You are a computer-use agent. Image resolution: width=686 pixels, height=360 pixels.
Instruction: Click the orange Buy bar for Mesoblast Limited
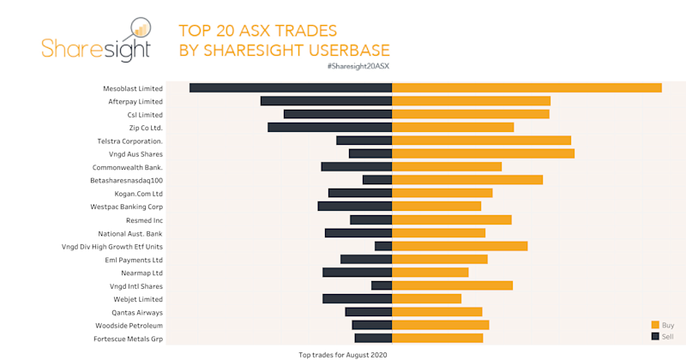click(x=527, y=87)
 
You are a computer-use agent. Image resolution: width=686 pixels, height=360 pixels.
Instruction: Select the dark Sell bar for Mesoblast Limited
click(x=291, y=87)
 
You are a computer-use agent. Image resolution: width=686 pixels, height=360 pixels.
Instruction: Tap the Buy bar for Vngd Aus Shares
click(x=483, y=153)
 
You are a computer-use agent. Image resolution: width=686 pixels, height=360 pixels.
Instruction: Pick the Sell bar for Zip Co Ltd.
click(x=329, y=127)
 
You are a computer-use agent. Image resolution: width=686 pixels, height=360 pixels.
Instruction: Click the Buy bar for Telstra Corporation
click(x=481, y=141)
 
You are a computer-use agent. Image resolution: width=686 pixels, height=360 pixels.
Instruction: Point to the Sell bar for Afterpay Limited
click(x=326, y=101)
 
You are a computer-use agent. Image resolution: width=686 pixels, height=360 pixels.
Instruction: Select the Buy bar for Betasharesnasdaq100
click(x=467, y=180)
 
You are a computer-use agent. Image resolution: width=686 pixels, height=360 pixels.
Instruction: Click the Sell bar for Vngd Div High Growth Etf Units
click(x=383, y=246)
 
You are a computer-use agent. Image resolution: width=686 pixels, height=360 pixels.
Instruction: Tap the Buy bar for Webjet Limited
click(x=426, y=299)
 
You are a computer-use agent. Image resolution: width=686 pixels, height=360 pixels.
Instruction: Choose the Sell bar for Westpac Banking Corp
click(x=354, y=207)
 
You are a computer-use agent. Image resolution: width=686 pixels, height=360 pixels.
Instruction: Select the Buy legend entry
click(x=662, y=325)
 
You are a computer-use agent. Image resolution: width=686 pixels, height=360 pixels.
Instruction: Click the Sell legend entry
click(x=662, y=337)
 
